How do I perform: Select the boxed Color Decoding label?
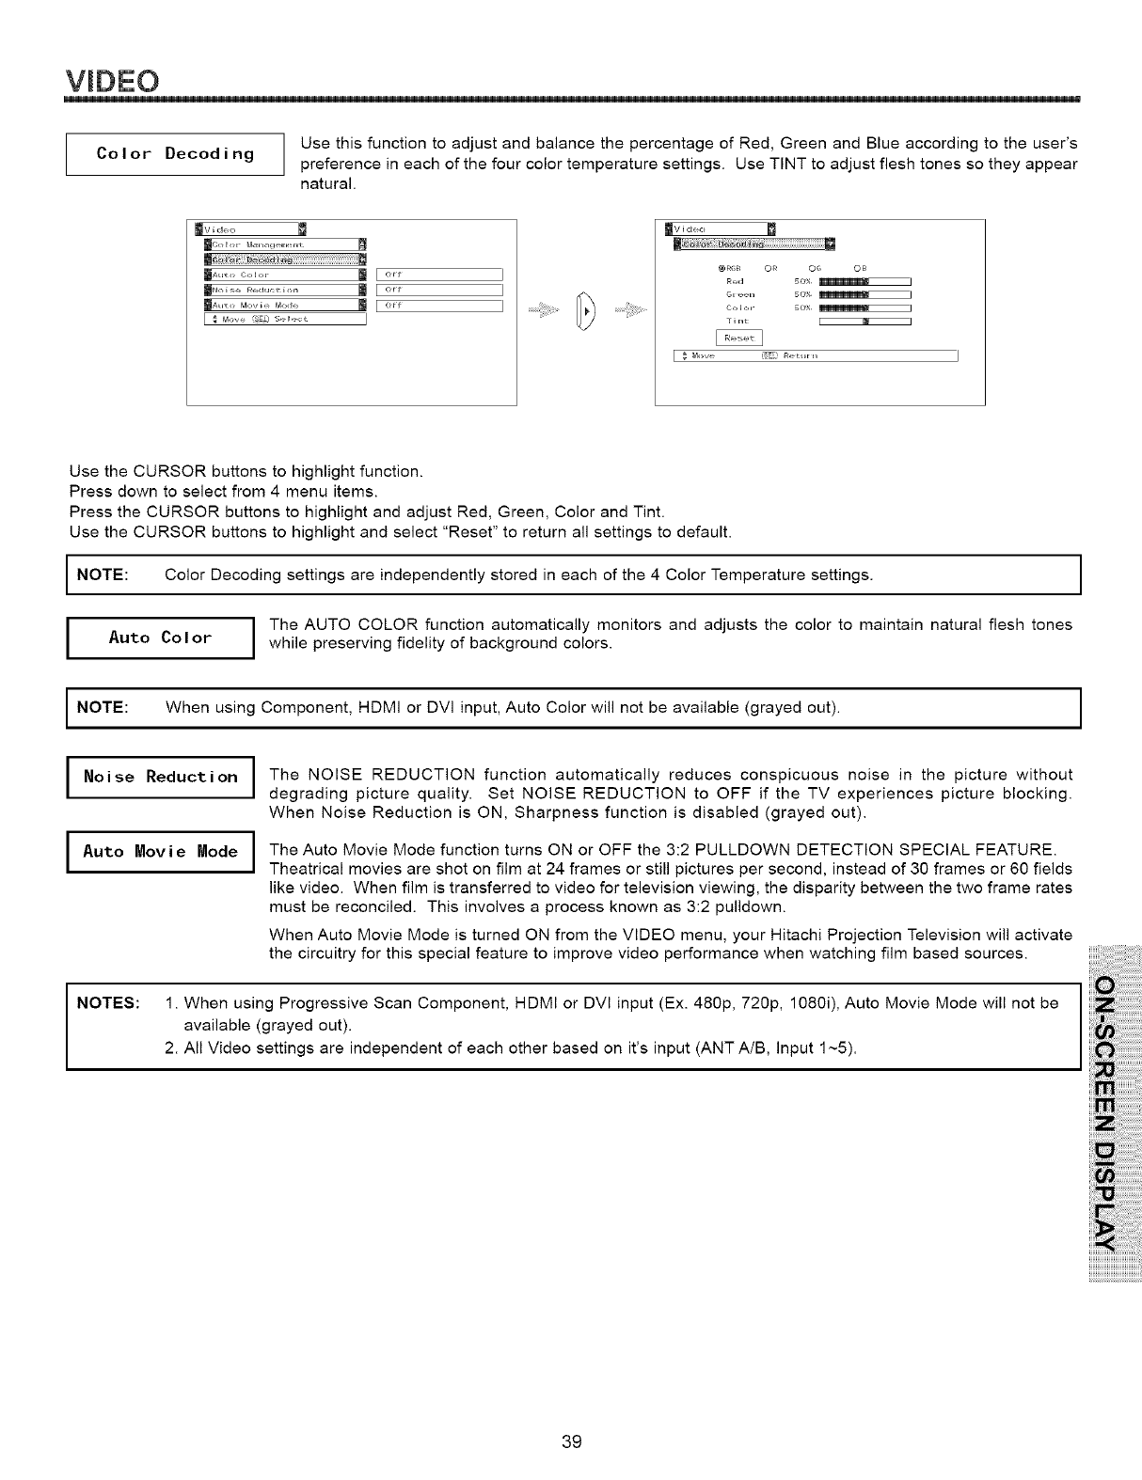point(174,154)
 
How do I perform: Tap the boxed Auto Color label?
point(160,638)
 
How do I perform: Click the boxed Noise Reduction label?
point(160,777)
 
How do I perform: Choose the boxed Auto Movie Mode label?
point(160,852)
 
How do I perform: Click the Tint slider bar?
point(864,322)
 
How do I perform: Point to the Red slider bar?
point(864,280)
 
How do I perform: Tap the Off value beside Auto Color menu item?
point(440,275)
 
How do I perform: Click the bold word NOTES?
point(107,1002)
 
